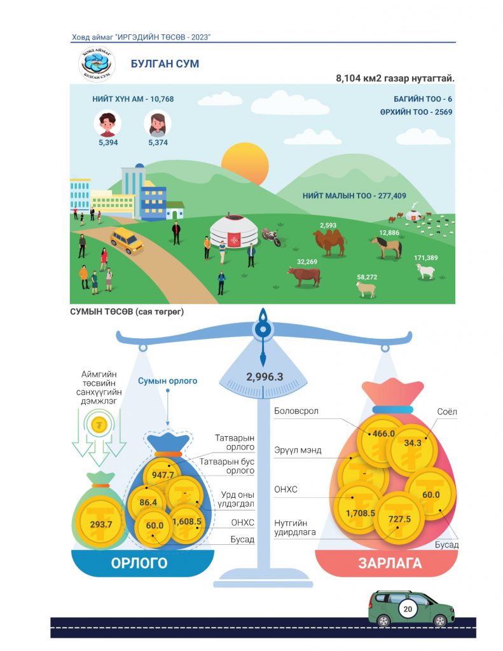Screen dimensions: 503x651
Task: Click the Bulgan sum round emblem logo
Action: click(x=97, y=64)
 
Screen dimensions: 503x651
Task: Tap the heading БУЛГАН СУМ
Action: click(x=165, y=64)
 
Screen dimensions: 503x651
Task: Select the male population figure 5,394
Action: click(x=108, y=142)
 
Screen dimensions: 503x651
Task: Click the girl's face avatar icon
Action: click(x=158, y=123)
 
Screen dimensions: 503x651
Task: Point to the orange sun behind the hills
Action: click(x=245, y=163)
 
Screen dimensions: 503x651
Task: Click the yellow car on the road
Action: click(x=127, y=240)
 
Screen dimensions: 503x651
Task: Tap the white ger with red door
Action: click(x=234, y=231)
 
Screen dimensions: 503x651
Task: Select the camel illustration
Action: click(x=329, y=242)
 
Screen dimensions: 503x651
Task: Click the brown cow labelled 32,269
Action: click(x=304, y=276)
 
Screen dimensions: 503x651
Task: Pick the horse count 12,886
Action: click(x=389, y=233)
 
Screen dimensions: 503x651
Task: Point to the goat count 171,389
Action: click(x=426, y=258)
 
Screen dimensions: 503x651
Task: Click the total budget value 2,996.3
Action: click(x=265, y=376)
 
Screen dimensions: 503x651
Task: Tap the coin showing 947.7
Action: click(x=162, y=475)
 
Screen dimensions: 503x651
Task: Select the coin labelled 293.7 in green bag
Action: click(x=101, y=524)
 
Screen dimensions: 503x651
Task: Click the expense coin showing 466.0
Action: click(x=383, y=434)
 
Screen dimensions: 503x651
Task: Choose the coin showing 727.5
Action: click(x=399, y=519)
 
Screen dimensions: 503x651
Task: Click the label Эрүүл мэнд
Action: click(x=298, y=450)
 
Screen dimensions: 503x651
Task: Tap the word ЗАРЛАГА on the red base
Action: click(x=390, y=563)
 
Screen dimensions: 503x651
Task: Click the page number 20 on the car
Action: click(x=408, y=608)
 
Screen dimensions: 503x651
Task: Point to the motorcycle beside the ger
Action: click(x=272, y=237)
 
